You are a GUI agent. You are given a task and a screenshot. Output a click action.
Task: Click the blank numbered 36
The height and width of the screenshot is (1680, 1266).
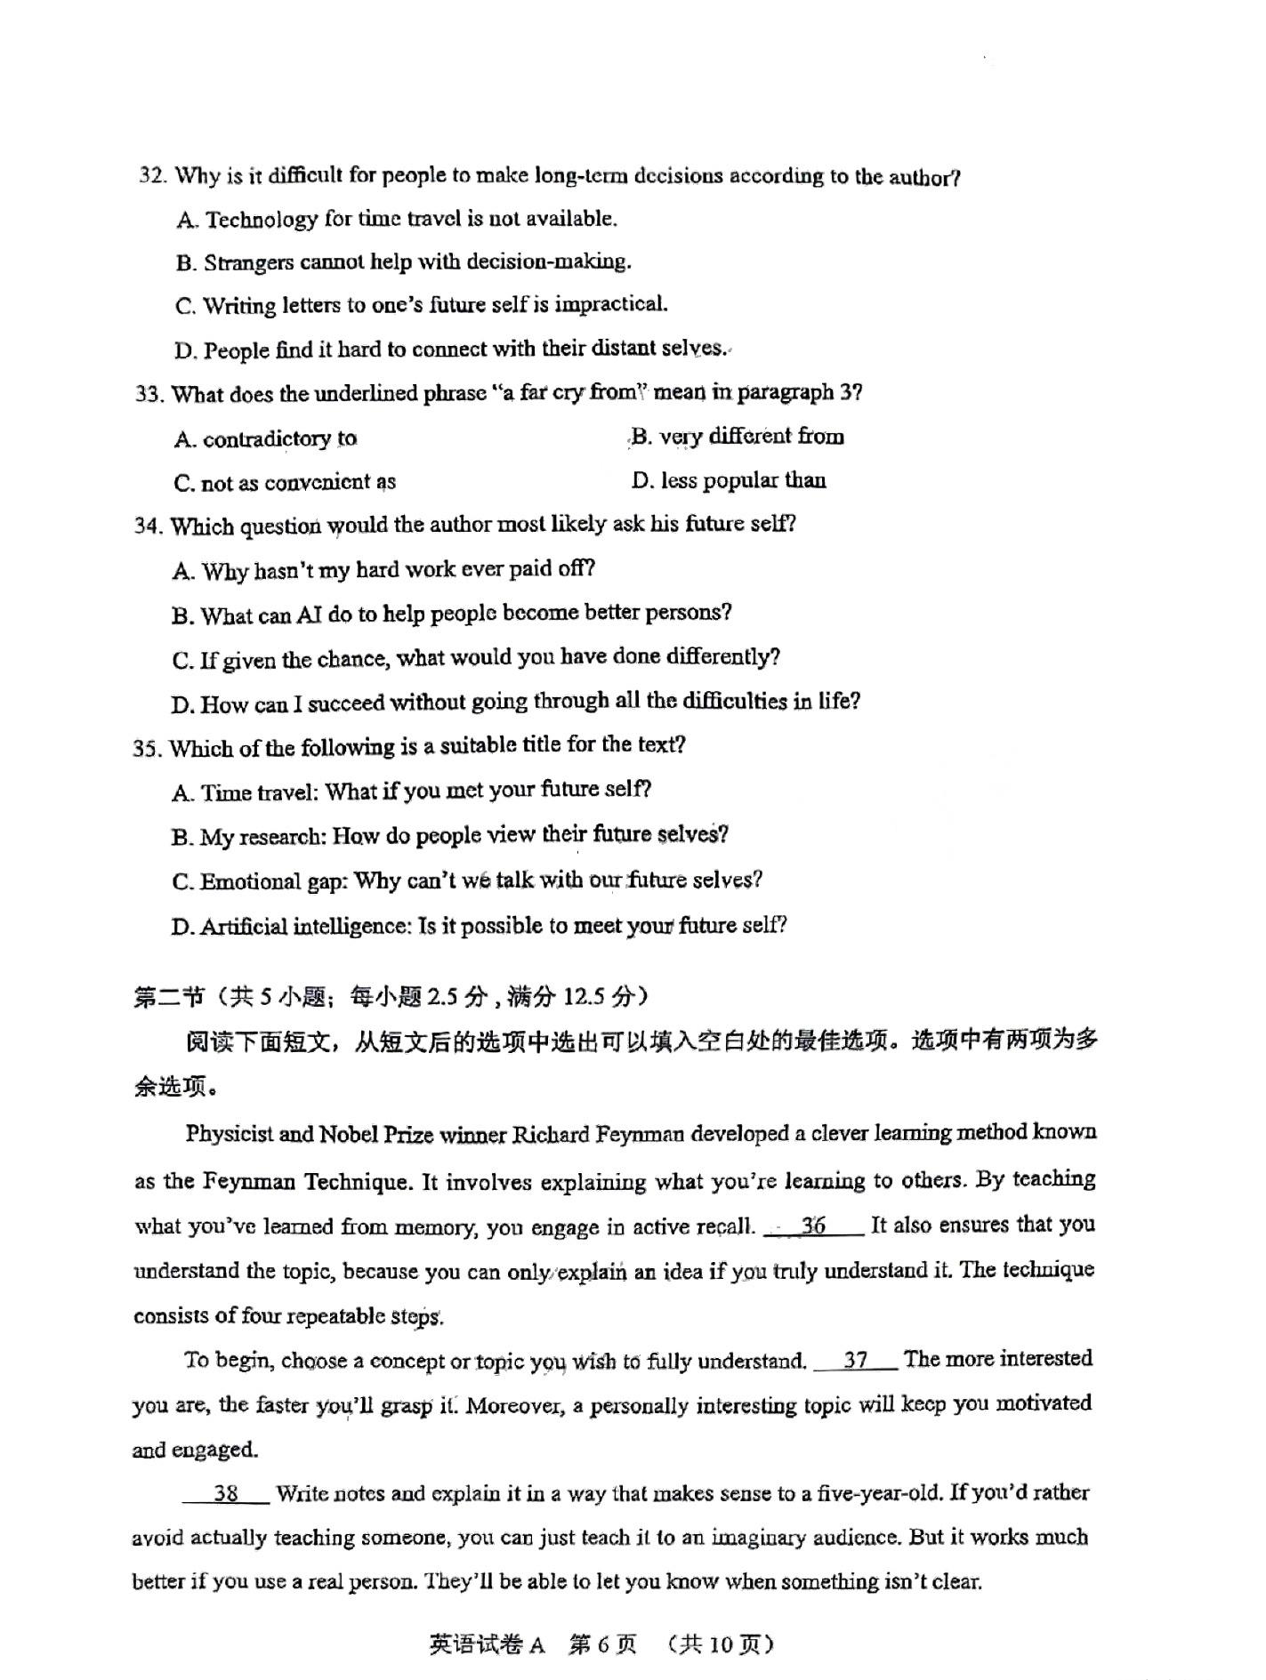pos(813,1226)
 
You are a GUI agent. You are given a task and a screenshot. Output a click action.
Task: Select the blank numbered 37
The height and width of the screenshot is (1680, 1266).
pos(856,1360)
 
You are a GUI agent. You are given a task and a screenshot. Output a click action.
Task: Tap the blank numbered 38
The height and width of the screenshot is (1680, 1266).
pos(226,1493)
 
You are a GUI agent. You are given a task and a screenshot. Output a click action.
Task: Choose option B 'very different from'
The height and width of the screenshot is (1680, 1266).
pos(738,437)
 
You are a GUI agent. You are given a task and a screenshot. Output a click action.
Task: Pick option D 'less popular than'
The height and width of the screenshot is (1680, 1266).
pos(729,481)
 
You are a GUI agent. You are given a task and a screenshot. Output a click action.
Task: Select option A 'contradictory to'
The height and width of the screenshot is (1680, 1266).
pos(266,439)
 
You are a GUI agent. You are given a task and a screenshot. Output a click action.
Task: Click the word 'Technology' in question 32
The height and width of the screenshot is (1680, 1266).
pos(262,219)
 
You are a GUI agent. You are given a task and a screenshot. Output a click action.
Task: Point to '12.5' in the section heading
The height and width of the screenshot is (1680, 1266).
pos(584,997)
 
